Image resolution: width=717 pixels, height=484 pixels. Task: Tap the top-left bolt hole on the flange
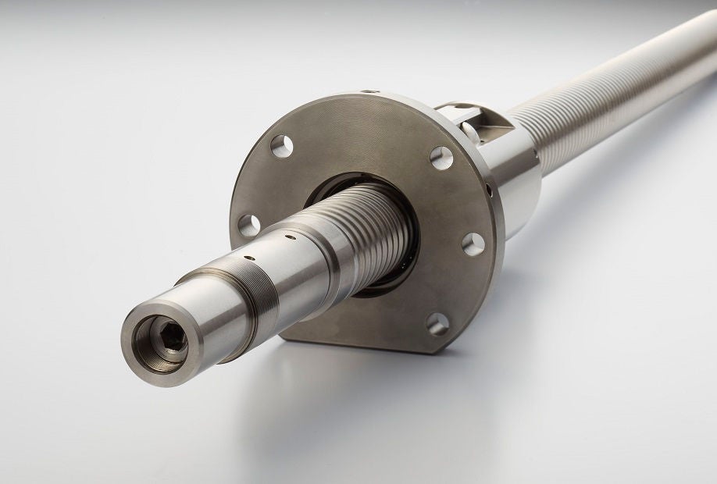pyautogui.click(x=282, y=145)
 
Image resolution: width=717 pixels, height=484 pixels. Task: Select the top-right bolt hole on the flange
pyautogui.click(x=441, y=158)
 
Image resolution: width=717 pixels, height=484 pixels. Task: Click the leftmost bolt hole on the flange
pyautogui.click(x=249, y=226)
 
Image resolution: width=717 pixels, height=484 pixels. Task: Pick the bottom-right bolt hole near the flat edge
pyautogui.click(x=438, y=323)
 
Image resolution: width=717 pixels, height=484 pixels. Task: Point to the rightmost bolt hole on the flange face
pyautogui.click(x=473, y=244)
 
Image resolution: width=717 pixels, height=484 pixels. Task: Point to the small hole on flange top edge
pyautogui.click(x=376, y=93)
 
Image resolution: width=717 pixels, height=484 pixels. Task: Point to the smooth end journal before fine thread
pyautogui.click(x=199, y=312)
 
